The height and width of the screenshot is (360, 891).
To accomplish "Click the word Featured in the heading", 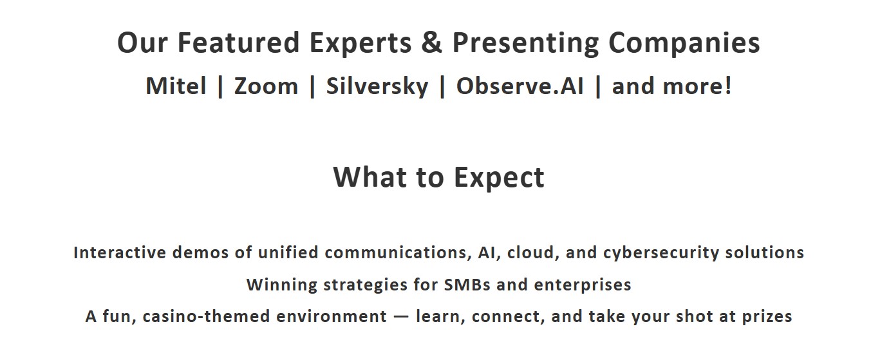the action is (238, 42).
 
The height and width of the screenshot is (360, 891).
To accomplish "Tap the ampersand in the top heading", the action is (432, 42).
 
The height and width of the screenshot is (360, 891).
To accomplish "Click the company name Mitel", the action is (176, 86).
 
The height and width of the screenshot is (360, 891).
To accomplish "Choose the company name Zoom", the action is (266, 86).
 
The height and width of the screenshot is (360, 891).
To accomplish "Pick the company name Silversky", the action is (377, 87).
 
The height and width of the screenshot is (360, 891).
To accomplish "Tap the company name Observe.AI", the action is (520, 86).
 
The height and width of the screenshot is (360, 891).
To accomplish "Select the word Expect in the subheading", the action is (499, 178).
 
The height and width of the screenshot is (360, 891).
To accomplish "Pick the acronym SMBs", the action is (467, 285).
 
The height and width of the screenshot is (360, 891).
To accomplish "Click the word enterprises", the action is (583, 285).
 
